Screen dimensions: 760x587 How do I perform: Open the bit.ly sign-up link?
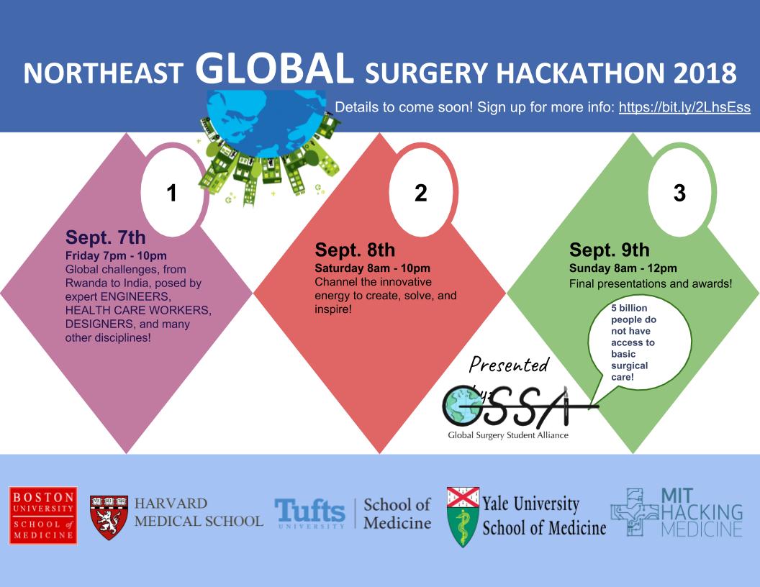click(684, 107)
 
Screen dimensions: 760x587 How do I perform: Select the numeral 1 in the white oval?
click(171, 193)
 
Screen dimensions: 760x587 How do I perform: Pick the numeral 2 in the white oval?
click(421, 193)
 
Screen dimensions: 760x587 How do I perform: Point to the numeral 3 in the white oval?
click(679, 193)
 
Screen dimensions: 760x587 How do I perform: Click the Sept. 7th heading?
click(105, 237)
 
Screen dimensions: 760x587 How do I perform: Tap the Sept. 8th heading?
click(355, 250)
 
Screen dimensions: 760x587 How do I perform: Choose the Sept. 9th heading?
click(610, 250)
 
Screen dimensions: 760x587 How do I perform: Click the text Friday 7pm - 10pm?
click(116, 255)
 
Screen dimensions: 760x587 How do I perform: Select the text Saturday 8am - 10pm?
click(372, 268)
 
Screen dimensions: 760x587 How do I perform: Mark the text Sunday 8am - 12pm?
click(623, 268)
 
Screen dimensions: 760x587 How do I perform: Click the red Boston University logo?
click(43, 515)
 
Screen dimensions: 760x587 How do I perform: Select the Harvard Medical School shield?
click(109, 517)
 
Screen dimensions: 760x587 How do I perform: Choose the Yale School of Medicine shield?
click(463, 517)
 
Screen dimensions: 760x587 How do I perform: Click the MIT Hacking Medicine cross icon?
click(634, 512)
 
